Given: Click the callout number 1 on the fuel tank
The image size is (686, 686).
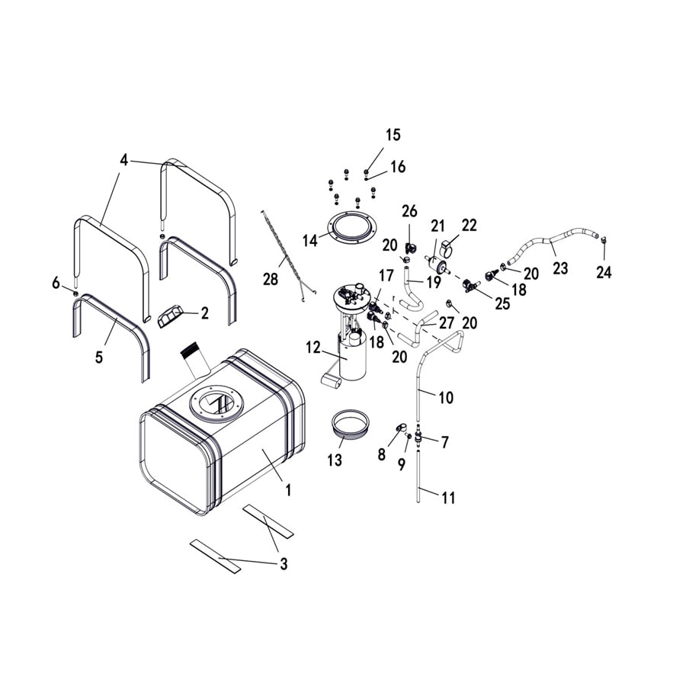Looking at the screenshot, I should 288,491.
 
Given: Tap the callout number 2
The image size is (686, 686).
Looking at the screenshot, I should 204,313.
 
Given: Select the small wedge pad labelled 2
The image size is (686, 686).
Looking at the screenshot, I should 172,316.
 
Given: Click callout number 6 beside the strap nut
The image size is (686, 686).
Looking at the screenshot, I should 56,283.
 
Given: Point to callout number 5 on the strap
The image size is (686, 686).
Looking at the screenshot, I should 99,357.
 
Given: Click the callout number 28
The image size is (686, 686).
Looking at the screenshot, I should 271,280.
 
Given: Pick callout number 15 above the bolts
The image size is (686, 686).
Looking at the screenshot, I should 393,136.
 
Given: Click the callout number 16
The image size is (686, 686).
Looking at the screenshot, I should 399,167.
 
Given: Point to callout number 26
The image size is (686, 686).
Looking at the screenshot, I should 410,211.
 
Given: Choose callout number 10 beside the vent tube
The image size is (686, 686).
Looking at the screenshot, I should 445,397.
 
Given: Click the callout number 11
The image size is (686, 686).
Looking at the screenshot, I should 448,498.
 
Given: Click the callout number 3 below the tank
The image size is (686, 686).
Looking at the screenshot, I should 284,565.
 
